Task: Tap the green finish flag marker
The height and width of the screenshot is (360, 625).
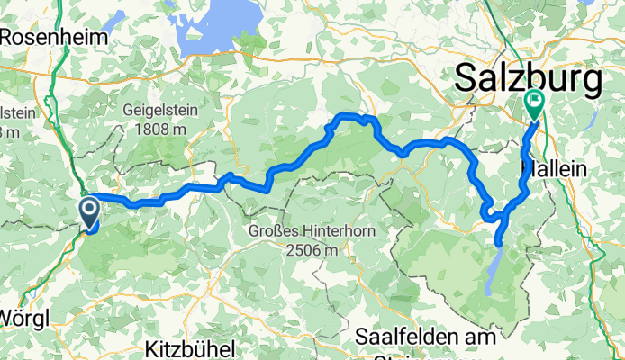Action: (533, 103)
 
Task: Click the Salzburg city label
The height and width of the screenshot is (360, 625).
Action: (528, 78)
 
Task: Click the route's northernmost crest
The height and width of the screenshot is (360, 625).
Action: (347, 117)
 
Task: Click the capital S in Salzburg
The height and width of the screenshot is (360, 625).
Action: (466, 78)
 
